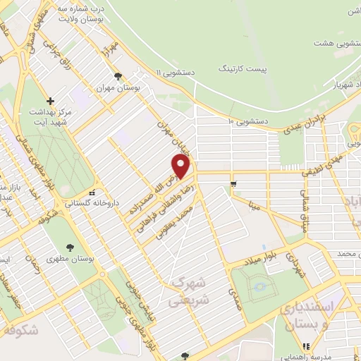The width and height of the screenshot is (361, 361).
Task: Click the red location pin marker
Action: (x=181, y=166)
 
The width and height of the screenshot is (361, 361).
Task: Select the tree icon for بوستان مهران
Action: (x=118, y=77)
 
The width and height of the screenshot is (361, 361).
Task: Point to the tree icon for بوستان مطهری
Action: (x=70, y=247)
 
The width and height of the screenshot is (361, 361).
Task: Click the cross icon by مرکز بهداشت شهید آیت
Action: (x=50, y=101)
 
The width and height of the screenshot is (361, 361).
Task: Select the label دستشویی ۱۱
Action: (x=178, y=72)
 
